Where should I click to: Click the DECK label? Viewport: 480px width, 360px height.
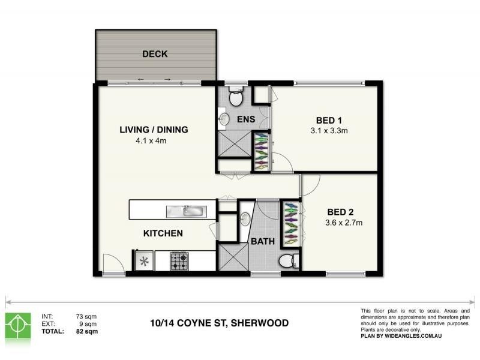coord(155,54)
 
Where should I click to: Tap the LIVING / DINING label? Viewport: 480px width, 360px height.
coord(154,130)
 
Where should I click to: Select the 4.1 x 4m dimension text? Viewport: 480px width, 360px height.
coord(151,142)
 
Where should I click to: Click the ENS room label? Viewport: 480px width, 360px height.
coord(246,119)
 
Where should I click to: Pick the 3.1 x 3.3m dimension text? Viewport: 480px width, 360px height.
coord(329,131)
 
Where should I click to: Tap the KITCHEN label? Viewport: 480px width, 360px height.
coord(163,233)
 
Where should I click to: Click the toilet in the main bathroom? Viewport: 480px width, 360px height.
coord(288,260)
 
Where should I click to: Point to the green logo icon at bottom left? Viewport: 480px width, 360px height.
coord(17,325)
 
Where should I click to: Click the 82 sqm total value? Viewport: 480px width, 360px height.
coord(86,331)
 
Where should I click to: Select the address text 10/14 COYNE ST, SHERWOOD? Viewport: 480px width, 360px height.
coord(219,323)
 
